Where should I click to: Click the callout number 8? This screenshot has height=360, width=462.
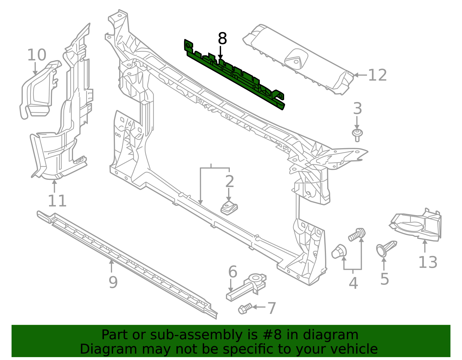click(222, 39)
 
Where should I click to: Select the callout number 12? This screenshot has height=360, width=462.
click(377, 75)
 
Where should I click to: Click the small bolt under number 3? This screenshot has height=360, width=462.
click(357, 135)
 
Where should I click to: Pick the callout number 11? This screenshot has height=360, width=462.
click(57, 201)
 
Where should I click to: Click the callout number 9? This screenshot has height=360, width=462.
click(113, 282)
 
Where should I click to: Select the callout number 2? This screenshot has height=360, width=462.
click(230, 181)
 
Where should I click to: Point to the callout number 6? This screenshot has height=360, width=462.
click(233, 272)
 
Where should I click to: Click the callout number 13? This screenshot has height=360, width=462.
click(428, 262)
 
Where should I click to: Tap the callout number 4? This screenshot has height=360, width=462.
click(353, 283)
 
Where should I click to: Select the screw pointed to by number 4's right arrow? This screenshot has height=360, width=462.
click(357, 234)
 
